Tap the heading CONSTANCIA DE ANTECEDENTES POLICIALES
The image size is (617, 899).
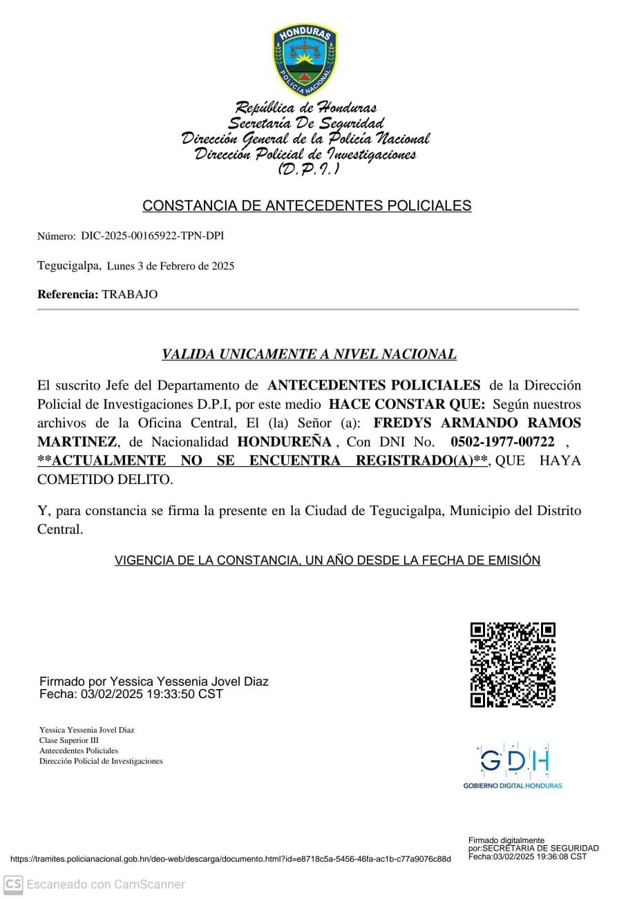point(307,206)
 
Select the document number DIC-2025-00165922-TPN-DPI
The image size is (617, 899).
point(152,236)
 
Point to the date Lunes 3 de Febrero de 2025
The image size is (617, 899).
point(171,266)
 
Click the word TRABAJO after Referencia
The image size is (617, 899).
point(130,295)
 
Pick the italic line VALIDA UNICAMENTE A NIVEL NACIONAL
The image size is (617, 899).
point(309,355)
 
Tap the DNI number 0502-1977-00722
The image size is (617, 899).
point(502,442)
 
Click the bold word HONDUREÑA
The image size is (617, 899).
point(284,442)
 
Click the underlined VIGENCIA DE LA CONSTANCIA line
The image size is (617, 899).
point(327,561)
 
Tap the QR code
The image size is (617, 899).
point(513,665)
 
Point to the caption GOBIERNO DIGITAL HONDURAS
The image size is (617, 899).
point(513,786)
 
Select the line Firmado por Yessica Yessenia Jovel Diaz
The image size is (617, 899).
point(154,681)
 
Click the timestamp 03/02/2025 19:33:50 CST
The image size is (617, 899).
point(151,694)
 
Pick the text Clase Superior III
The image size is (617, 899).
point(69,740)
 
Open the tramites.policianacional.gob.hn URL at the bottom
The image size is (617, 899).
point(231,859)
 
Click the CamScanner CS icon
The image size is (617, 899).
point(13,884)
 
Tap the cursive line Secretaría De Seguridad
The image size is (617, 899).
point(306,124)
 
